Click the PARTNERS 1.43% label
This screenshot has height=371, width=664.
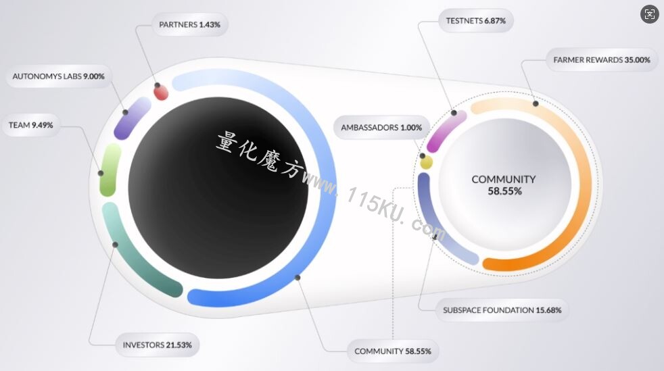(190, 24)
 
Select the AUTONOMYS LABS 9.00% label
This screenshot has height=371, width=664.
(58, 76)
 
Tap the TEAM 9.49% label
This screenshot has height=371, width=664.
(31, 125)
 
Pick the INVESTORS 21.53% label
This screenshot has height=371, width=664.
(157, 345)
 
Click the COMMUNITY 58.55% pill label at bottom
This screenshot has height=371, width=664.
(393, 351)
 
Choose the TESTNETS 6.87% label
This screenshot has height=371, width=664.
(475, 21)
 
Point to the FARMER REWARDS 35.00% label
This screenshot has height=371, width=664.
(602, 60)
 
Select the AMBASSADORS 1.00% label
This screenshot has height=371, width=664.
(381, 127)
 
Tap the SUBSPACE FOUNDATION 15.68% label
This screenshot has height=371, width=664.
(502, 310)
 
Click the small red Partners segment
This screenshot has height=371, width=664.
(161, 93)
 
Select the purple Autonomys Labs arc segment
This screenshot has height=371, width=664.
(131, 119)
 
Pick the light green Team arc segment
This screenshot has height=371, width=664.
(110, 170)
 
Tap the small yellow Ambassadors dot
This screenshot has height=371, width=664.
(426, 162)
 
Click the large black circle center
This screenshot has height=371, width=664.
(218, 188)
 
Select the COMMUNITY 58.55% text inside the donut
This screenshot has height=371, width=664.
(504, 185)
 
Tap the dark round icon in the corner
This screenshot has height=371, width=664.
(650, 14)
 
